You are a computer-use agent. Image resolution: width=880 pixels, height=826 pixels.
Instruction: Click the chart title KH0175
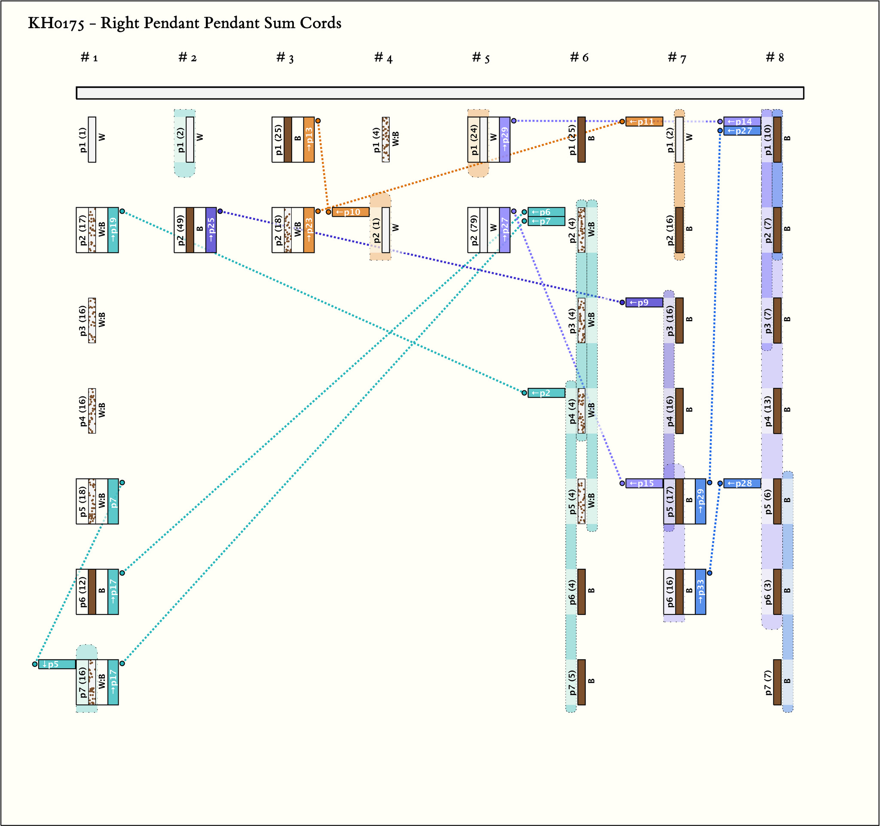(x=184, y=23)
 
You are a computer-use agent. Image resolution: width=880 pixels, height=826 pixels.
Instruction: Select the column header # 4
(x=383, y=58)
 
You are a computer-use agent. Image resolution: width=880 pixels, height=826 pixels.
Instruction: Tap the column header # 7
(x=677, y=58)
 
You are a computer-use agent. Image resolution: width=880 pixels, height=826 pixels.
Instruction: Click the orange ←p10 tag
(x=351, y=212)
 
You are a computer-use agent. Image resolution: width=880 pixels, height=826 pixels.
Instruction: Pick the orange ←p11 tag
(x=644, y=121)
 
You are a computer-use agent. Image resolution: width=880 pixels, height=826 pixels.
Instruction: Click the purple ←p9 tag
(x=644, y=303)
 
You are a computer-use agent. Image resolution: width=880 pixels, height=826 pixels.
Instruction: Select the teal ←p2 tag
(x=546, y=393)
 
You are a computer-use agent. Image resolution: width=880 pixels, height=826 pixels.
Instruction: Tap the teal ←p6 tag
(x=546, y=212)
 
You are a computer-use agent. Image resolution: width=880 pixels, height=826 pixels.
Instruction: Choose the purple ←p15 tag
(x=644, y=483)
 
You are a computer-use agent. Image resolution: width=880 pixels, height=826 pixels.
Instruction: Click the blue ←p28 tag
(x=742, y=483)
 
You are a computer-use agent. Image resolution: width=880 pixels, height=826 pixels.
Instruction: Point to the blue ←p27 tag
(x=742, y=131)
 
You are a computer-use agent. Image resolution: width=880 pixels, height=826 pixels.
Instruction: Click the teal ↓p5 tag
(x=57, y=664)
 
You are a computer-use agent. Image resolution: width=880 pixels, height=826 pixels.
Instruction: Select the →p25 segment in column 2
(x=211, y=230)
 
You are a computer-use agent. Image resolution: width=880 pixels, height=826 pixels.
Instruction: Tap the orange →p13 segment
(x=309, y=139)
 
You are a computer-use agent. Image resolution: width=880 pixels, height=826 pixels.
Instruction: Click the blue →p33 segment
(x=700, y=592)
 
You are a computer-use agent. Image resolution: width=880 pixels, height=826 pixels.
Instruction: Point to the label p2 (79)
(x=474, y=230)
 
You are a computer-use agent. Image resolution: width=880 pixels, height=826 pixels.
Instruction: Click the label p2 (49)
(x=180, y=230)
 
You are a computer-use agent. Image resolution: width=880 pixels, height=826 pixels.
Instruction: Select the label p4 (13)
(x=767, y=411)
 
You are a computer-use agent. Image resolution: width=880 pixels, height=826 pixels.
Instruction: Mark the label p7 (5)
(x=572, y=682)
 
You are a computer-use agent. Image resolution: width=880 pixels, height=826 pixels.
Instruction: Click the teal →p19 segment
(x=113, y=230)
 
